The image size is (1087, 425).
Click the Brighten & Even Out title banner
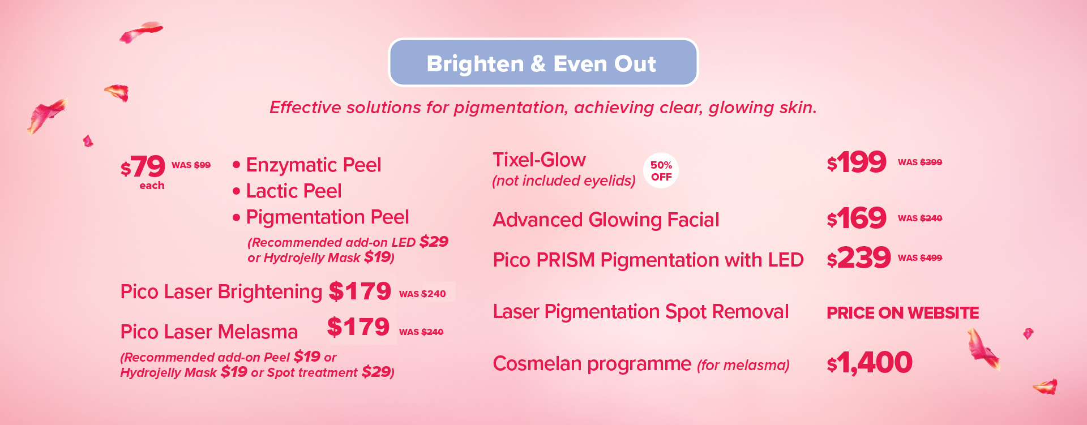543,62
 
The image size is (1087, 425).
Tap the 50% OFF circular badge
661,170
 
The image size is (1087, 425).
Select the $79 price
143,166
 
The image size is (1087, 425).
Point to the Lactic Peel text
294,191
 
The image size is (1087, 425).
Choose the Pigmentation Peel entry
327,217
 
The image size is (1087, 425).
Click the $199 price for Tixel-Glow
857,162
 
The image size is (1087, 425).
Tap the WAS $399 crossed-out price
920,162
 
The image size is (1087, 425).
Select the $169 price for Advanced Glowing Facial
857,218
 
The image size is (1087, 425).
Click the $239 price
859,257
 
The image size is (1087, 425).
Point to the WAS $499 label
920,257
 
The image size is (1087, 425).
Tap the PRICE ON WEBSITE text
902,312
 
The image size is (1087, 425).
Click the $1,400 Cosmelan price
870,362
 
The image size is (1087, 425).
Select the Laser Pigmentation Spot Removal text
640,312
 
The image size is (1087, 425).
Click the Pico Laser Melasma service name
209,332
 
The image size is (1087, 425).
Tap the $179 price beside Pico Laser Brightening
360,291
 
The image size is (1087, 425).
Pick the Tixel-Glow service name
539,160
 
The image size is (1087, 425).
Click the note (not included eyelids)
564,181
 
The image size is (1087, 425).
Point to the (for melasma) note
743,365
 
